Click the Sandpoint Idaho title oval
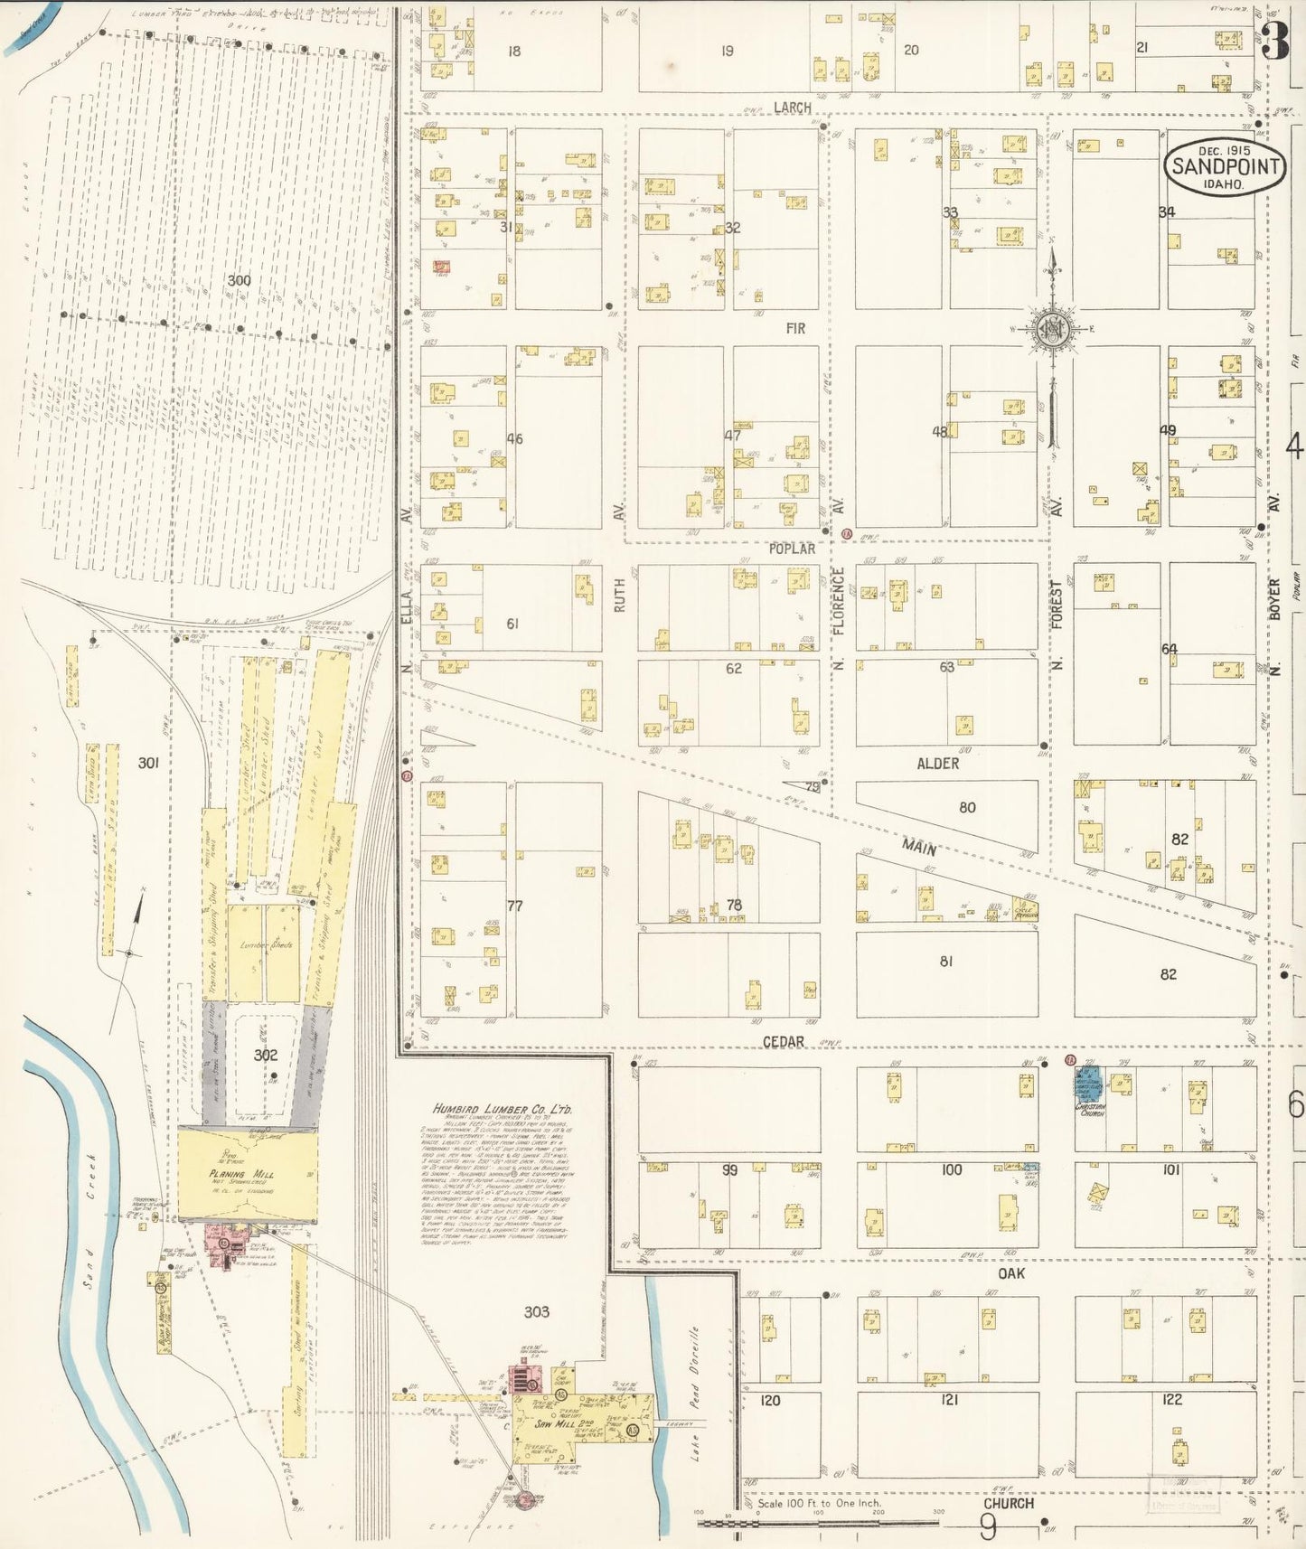(1226, 166)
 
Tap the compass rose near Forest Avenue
(1052, 329)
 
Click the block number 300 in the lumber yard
(239, 280)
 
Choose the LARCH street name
(792, 108)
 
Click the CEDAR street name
(783, 1042)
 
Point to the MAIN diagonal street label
(918, 847)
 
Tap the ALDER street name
(937, 764)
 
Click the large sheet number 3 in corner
(1275, 41)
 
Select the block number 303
(536, 1311)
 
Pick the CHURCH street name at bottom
(1008, 1503)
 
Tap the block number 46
(514, 439)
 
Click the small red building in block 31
(442, 267)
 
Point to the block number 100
(951, 1169)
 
